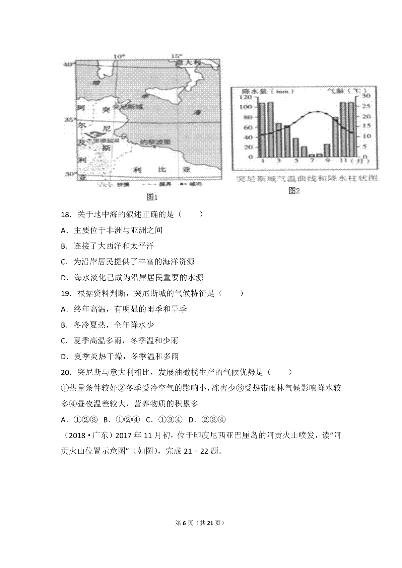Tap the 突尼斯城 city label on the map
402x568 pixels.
click(128, 107)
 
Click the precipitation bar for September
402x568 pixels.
click(327, 150)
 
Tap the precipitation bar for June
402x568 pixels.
click(304, 152)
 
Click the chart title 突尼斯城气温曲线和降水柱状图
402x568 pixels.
click(307, 178)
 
